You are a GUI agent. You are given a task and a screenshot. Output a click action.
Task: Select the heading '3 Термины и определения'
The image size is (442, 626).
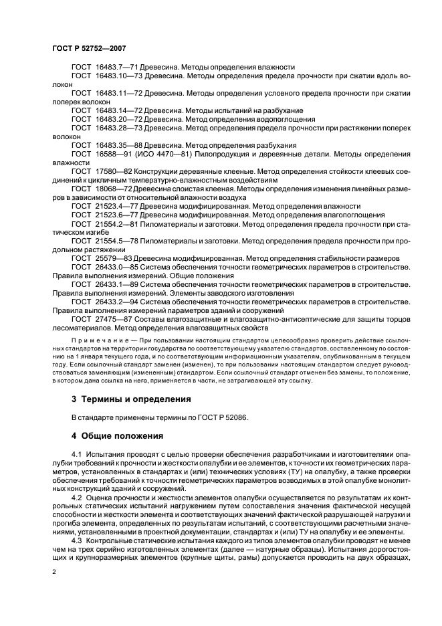click(x=131, y=399)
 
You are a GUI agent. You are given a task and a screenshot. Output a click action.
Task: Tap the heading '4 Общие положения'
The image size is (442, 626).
click(x=117, y=435)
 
